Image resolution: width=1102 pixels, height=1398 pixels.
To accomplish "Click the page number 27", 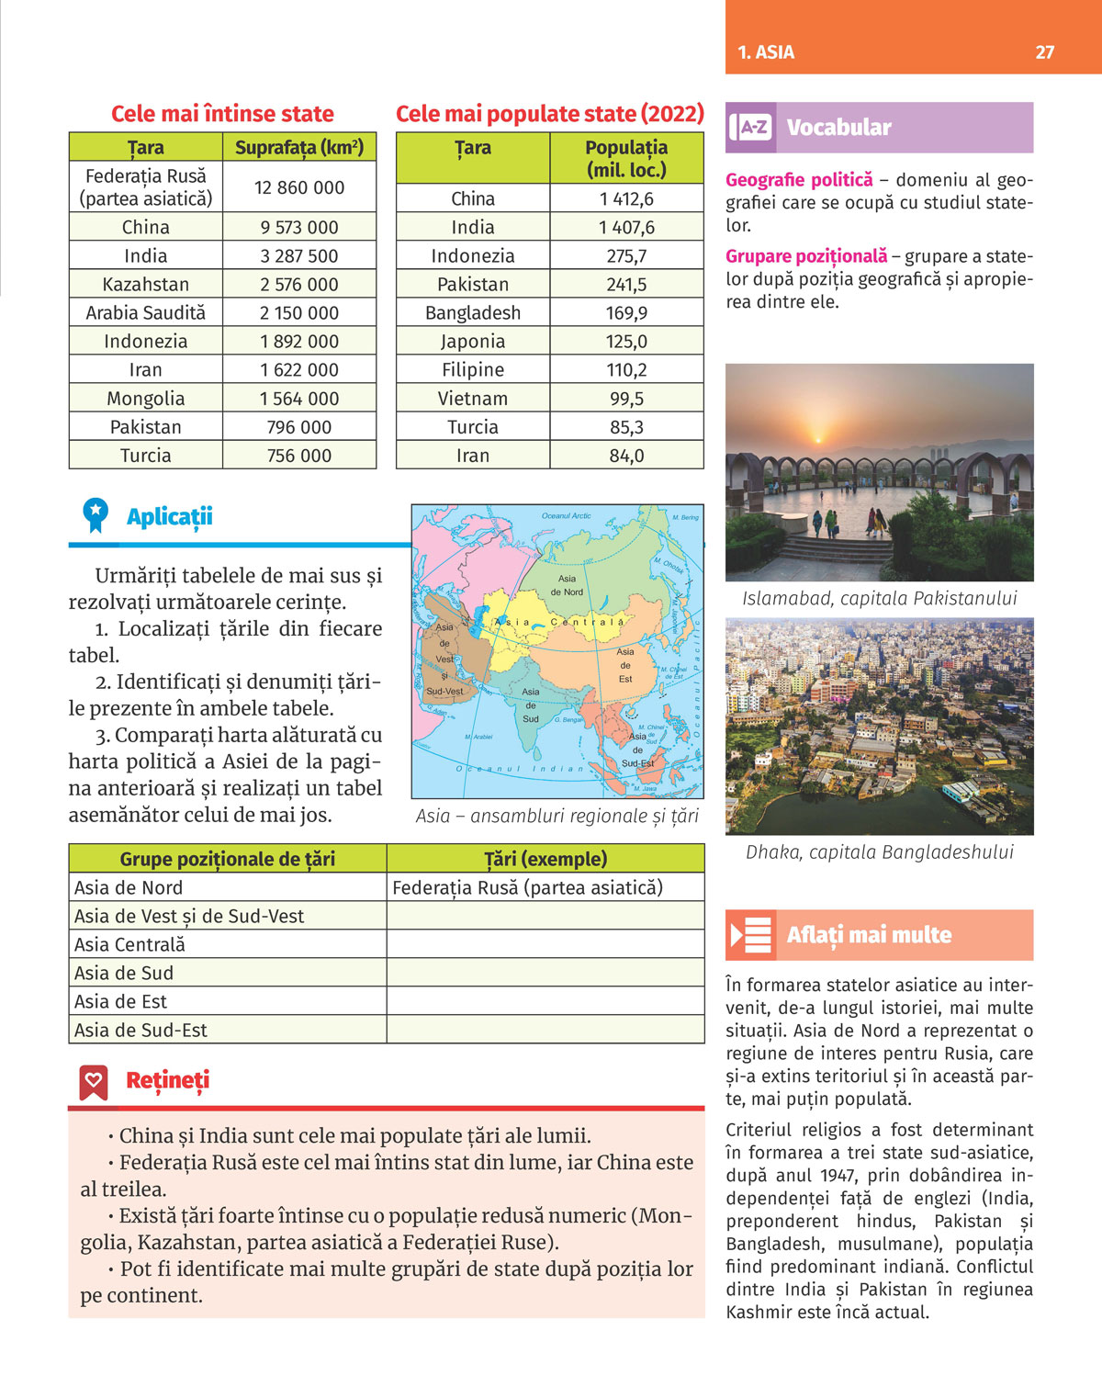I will pos(1044,52).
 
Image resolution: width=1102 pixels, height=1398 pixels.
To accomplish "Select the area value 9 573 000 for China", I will pos(299,227).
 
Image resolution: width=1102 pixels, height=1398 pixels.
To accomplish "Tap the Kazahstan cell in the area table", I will pos(145,284).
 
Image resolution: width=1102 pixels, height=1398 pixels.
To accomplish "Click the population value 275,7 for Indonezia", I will pos(626,255).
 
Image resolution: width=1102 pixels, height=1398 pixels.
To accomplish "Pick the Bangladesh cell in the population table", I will pos(472,312).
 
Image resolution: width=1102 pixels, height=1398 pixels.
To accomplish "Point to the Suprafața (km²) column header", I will pos(299,147).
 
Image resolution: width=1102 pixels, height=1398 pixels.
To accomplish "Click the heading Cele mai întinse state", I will pos(222,114).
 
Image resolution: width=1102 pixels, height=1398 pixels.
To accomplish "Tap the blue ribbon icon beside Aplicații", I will pos(95,515).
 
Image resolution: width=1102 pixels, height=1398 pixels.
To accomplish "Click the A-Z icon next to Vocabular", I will pos(751,128).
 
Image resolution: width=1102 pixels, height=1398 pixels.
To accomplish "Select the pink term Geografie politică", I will pos(799,180).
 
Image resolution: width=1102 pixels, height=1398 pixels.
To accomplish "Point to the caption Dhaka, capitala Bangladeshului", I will pos(879,851).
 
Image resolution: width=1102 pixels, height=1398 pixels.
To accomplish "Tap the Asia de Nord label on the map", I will pos(567,585).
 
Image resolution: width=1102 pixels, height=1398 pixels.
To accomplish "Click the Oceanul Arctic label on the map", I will pos(566,516).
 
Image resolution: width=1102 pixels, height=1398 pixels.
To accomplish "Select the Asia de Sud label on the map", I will pos(531,705).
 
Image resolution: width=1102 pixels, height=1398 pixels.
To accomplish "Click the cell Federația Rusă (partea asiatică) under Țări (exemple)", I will pos(527,887).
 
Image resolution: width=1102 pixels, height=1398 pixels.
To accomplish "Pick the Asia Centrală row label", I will pos(129,944).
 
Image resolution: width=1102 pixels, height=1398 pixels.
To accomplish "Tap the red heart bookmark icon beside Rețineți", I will pos(94,1082).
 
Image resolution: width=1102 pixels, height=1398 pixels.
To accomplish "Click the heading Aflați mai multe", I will pos(868,935).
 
